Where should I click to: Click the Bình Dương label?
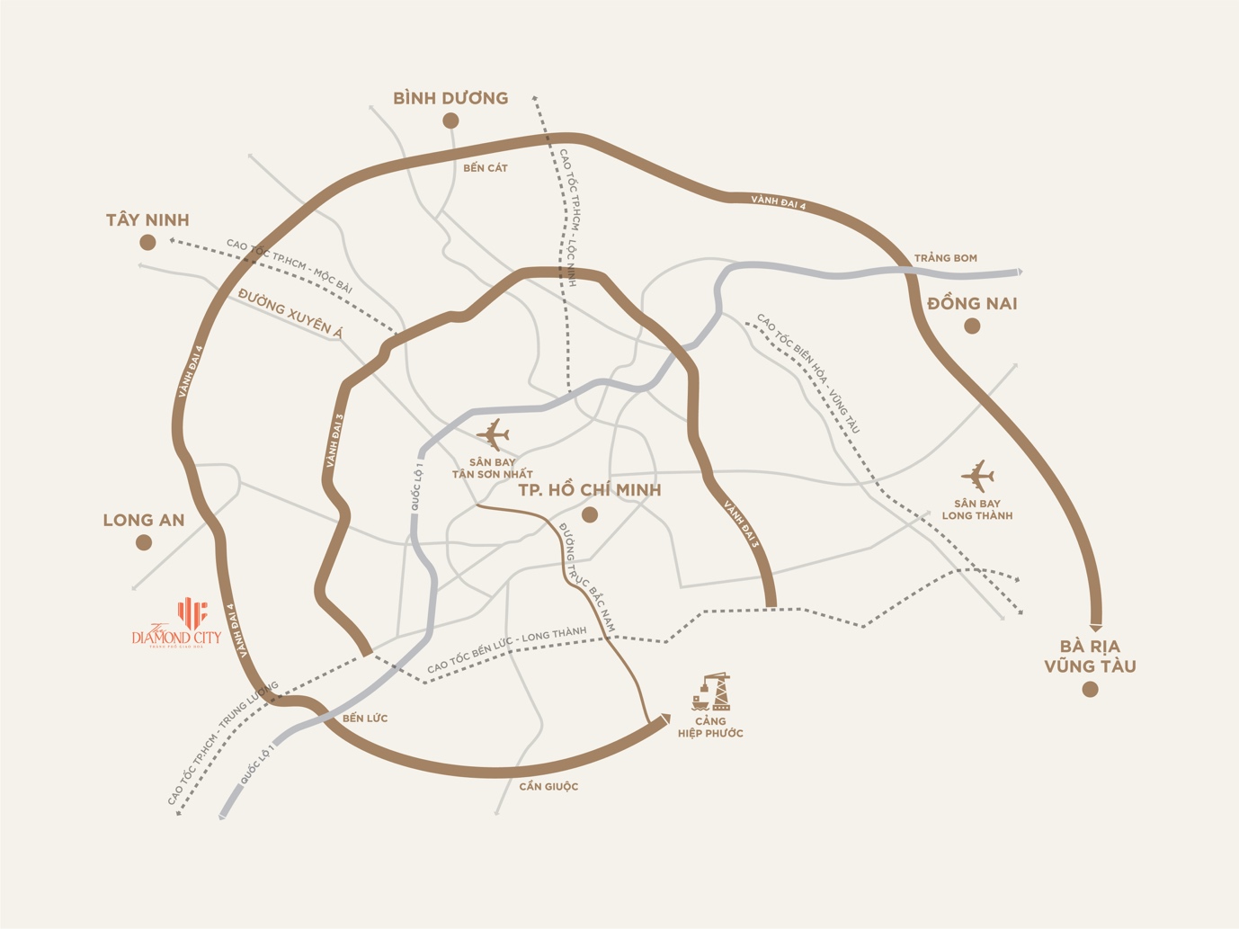[x=450, y=98]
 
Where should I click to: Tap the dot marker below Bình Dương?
[x=451, y=121]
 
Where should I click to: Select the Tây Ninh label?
[x=147, y=220]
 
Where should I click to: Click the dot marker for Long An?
[x=144, y=542]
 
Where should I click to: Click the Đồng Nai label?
[x=972, y=304]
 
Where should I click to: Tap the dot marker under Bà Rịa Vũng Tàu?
[x=1091, y=690]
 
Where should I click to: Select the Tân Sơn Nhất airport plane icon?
[x=493, y=434]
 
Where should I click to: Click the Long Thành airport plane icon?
[x=977, y=476]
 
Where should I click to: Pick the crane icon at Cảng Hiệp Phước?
[x=711, y=692]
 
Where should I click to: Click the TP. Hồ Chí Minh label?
[x=590, y=490]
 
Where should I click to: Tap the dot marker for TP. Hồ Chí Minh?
[x=590, y=515]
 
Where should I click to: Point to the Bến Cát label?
[x=486, y=168]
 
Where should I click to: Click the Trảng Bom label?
[x=945, y=258]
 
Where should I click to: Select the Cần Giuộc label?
[x=548, y=787]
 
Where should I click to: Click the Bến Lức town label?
[x=365, y=719]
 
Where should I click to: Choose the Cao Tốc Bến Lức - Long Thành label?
[x=506, y=650]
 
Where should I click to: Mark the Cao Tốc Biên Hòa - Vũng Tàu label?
[x=808, y=373]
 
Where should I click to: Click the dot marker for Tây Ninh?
[x=148, y=242]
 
